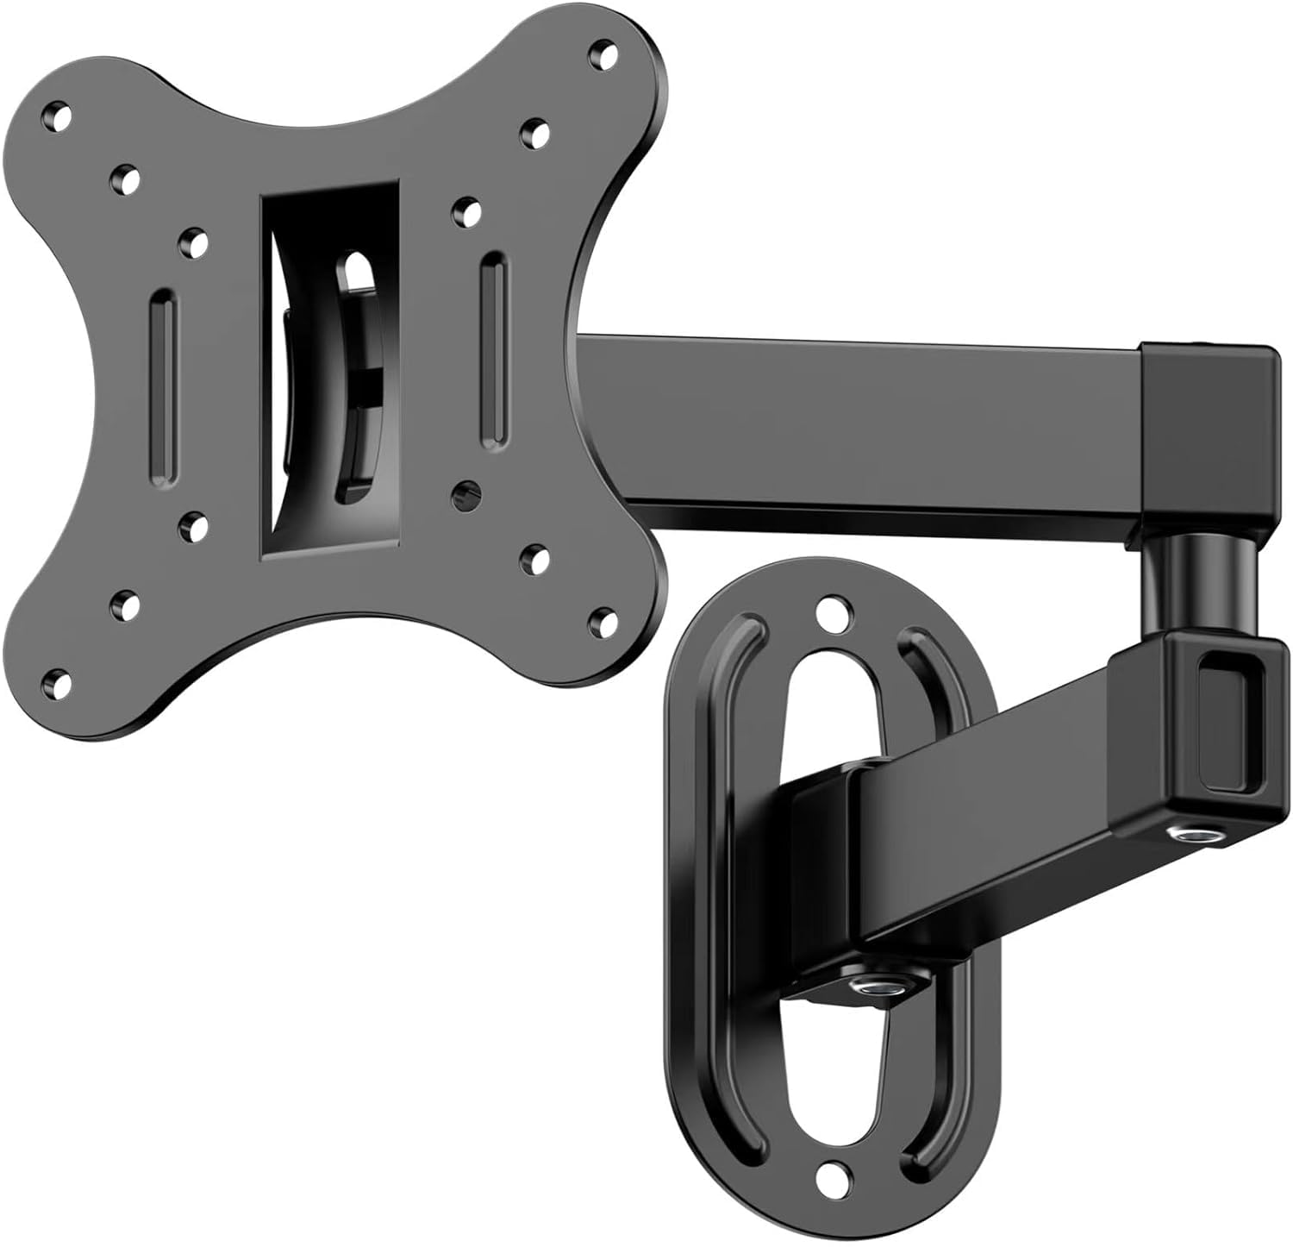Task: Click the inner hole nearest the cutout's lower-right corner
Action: coord(465,490)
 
